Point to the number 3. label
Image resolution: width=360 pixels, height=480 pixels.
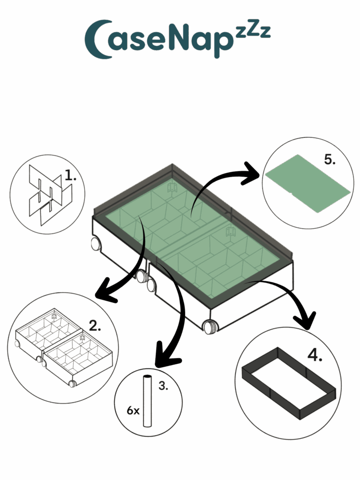[x=163, y=386]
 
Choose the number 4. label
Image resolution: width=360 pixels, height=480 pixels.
[x=315, y=355]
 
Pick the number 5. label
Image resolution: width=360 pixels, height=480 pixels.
[x=330, y=159]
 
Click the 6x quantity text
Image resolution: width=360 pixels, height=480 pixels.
[x=133, y=411]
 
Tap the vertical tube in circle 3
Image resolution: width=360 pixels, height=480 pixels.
[x=147, y=401]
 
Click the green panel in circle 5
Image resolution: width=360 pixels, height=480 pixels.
[x=307, y=183]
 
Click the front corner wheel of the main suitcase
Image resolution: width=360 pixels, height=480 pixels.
[x=210, y=326]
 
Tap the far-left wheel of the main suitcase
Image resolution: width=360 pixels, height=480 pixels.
[x=96, y=244]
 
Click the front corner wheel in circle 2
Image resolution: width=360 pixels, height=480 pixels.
[x=73, y=383]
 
